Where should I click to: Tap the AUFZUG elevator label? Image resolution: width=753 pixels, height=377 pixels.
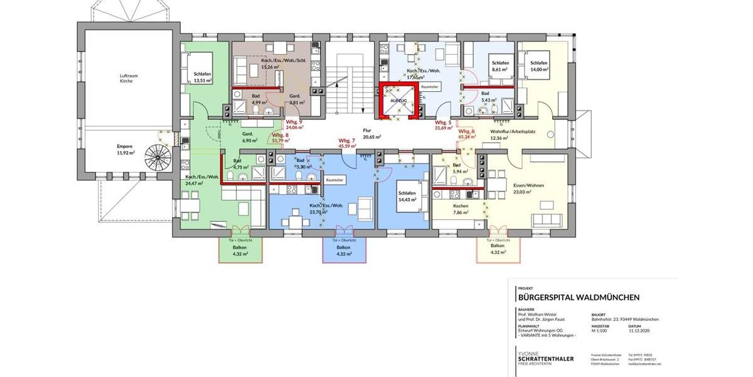pos(398,101)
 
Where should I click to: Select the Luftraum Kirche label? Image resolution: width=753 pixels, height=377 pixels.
pos(128,79)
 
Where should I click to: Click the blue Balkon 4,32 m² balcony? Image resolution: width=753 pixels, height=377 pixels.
pos(339,251)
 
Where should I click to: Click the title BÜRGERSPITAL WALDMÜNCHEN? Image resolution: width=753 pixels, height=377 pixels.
pos(579,297)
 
